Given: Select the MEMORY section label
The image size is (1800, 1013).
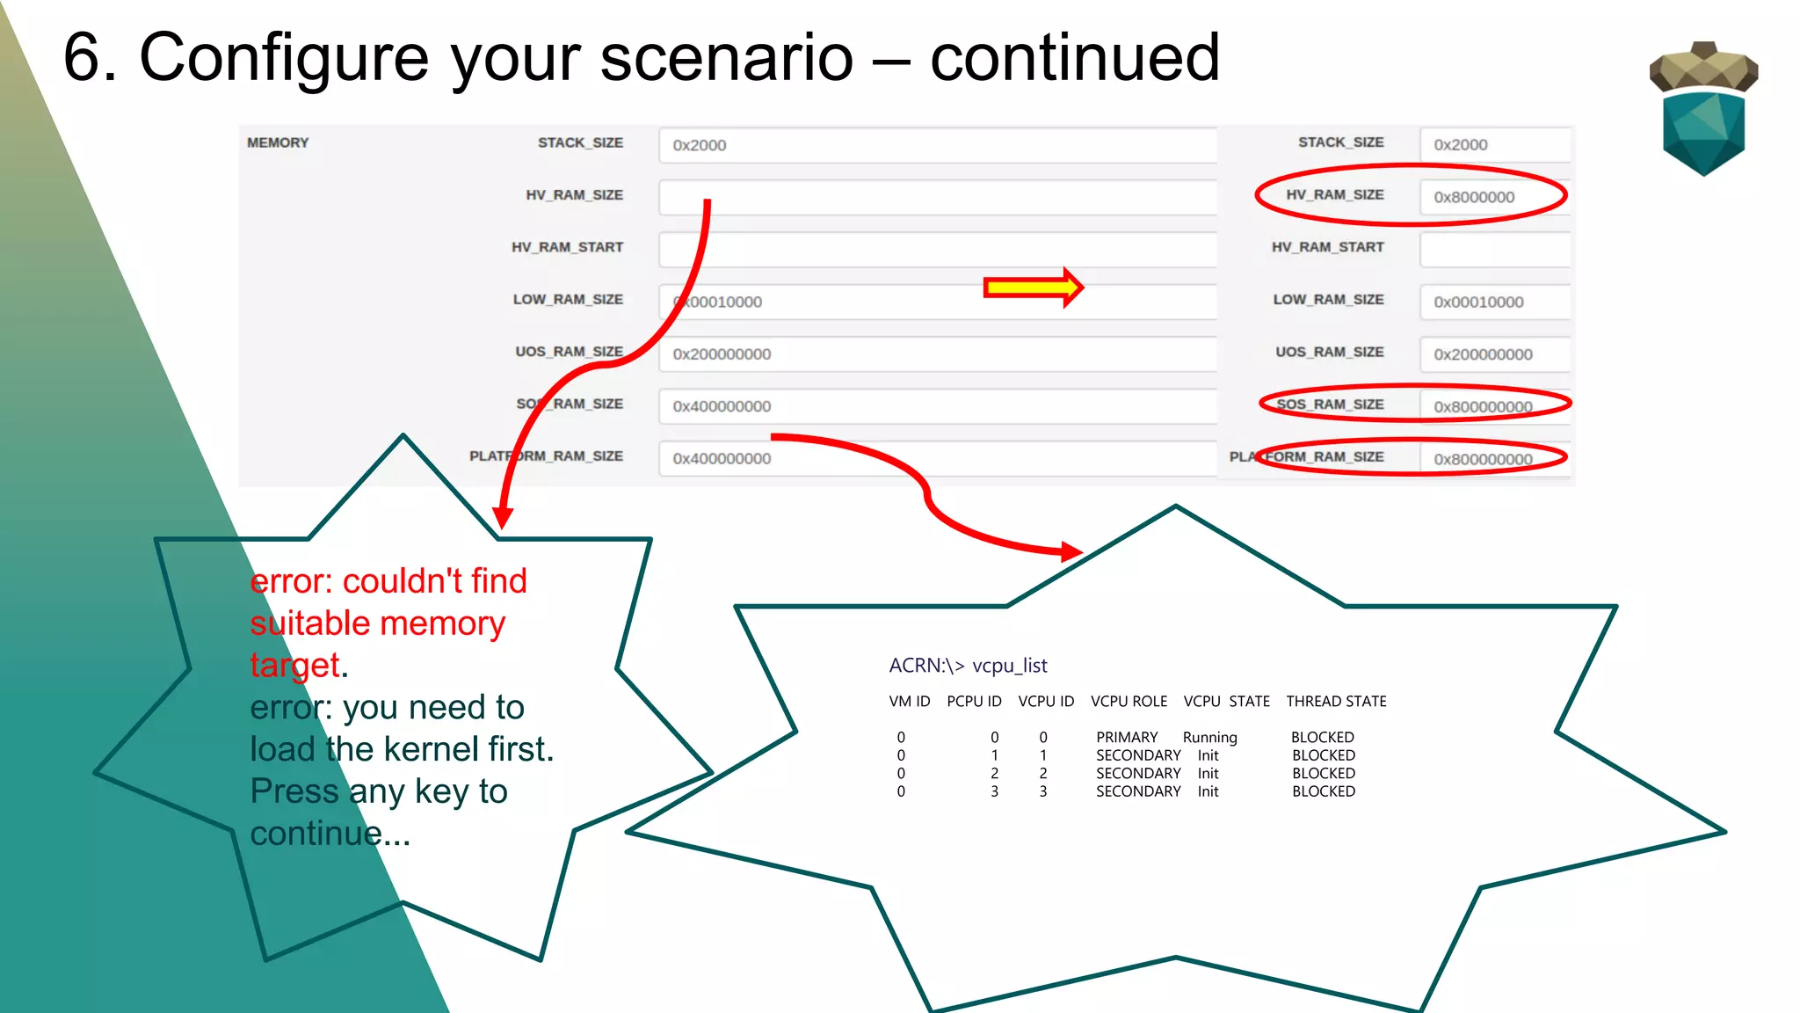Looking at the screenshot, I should click(278, 142).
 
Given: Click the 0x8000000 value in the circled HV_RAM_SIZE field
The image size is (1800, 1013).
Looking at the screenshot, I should click(1474, 197).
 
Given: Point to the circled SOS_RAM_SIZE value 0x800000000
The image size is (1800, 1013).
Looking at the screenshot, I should click(1483, 406).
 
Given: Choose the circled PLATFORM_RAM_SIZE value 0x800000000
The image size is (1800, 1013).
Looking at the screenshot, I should click(1483, 458).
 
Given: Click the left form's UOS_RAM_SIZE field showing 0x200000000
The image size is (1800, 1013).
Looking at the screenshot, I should click(937, 353).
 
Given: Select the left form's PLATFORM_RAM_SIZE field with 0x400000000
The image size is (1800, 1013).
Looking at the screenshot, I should click(937, 458).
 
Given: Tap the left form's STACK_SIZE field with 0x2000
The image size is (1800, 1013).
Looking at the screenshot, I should click(937, 145).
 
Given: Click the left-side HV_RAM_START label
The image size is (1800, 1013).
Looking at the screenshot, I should click(567, 247).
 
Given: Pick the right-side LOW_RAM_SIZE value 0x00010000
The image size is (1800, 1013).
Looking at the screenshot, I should click(1478, 302).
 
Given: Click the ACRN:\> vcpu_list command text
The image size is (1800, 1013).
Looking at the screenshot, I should click(968, 666).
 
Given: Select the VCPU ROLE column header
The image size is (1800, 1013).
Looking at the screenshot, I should click(1129, 701).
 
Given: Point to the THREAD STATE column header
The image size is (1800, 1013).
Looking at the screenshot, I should click(1336, 701).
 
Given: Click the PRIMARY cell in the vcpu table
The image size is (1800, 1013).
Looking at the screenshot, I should click(1127, 737).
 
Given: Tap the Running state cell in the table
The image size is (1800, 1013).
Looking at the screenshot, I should click(1209, 737).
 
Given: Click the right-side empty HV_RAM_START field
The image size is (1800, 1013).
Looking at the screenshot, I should click(1494, 250).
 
